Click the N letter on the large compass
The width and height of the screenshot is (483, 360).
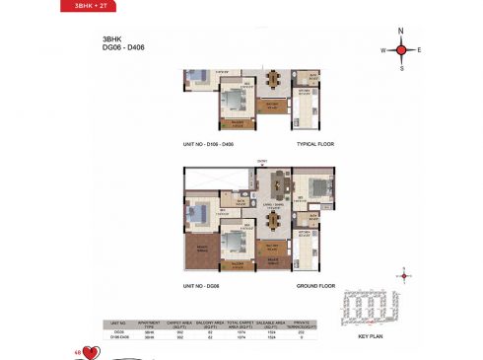coord(401,31)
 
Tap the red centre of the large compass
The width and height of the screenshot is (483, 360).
coord(401,49)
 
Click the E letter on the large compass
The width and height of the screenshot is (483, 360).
coord(419,49)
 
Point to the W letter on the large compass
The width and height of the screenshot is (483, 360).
coord(383,49)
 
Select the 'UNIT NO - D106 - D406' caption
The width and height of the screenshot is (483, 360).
coord(208,144)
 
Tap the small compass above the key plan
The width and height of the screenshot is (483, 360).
coord(403,277)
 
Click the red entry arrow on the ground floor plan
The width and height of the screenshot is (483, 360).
coord(262,166)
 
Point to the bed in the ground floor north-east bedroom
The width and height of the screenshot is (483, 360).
coord(317,183)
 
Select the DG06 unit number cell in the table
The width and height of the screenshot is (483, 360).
coord(118,333)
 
